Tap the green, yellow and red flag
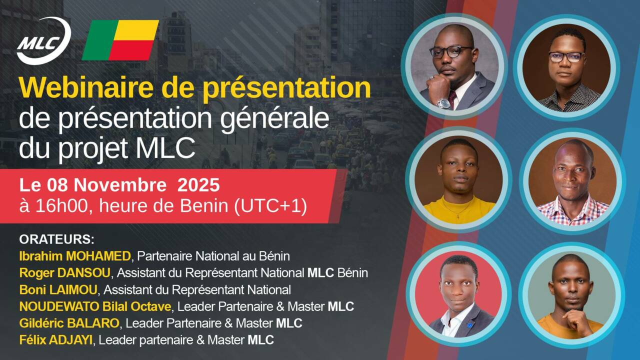[120, 40]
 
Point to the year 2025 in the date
[198, 185]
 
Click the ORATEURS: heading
[56, 238]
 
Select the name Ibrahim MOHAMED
[75, 256]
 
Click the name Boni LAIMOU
[60, 289]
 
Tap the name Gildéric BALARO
[69, 323]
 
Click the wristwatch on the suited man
[443, 103]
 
